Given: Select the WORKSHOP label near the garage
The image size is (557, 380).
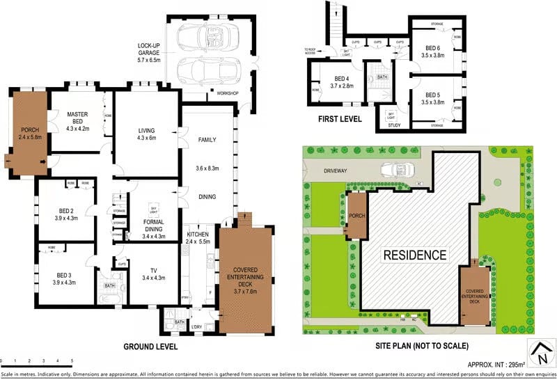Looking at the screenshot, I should pyautogui.click(x=227, y=93).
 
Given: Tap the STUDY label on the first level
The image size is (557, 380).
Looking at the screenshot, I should pyautogui.click(x=393, y=125).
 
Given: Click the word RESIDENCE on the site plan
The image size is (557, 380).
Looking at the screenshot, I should pyautogui.click(x=415, y=255).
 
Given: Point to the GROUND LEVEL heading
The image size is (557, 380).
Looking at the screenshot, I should pyautogui.click(x=150, y=346).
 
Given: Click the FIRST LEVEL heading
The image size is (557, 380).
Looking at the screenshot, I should pyautogui.click(x=340, y=119).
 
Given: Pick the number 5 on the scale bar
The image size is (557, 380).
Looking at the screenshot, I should pyautogui.click(x=72, y=361).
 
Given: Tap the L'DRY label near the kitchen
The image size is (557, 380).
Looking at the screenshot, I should pyautogui.click(x=196, y=326).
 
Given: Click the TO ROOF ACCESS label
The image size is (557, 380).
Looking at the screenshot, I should pyautogui.click(x=310, y=51).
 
